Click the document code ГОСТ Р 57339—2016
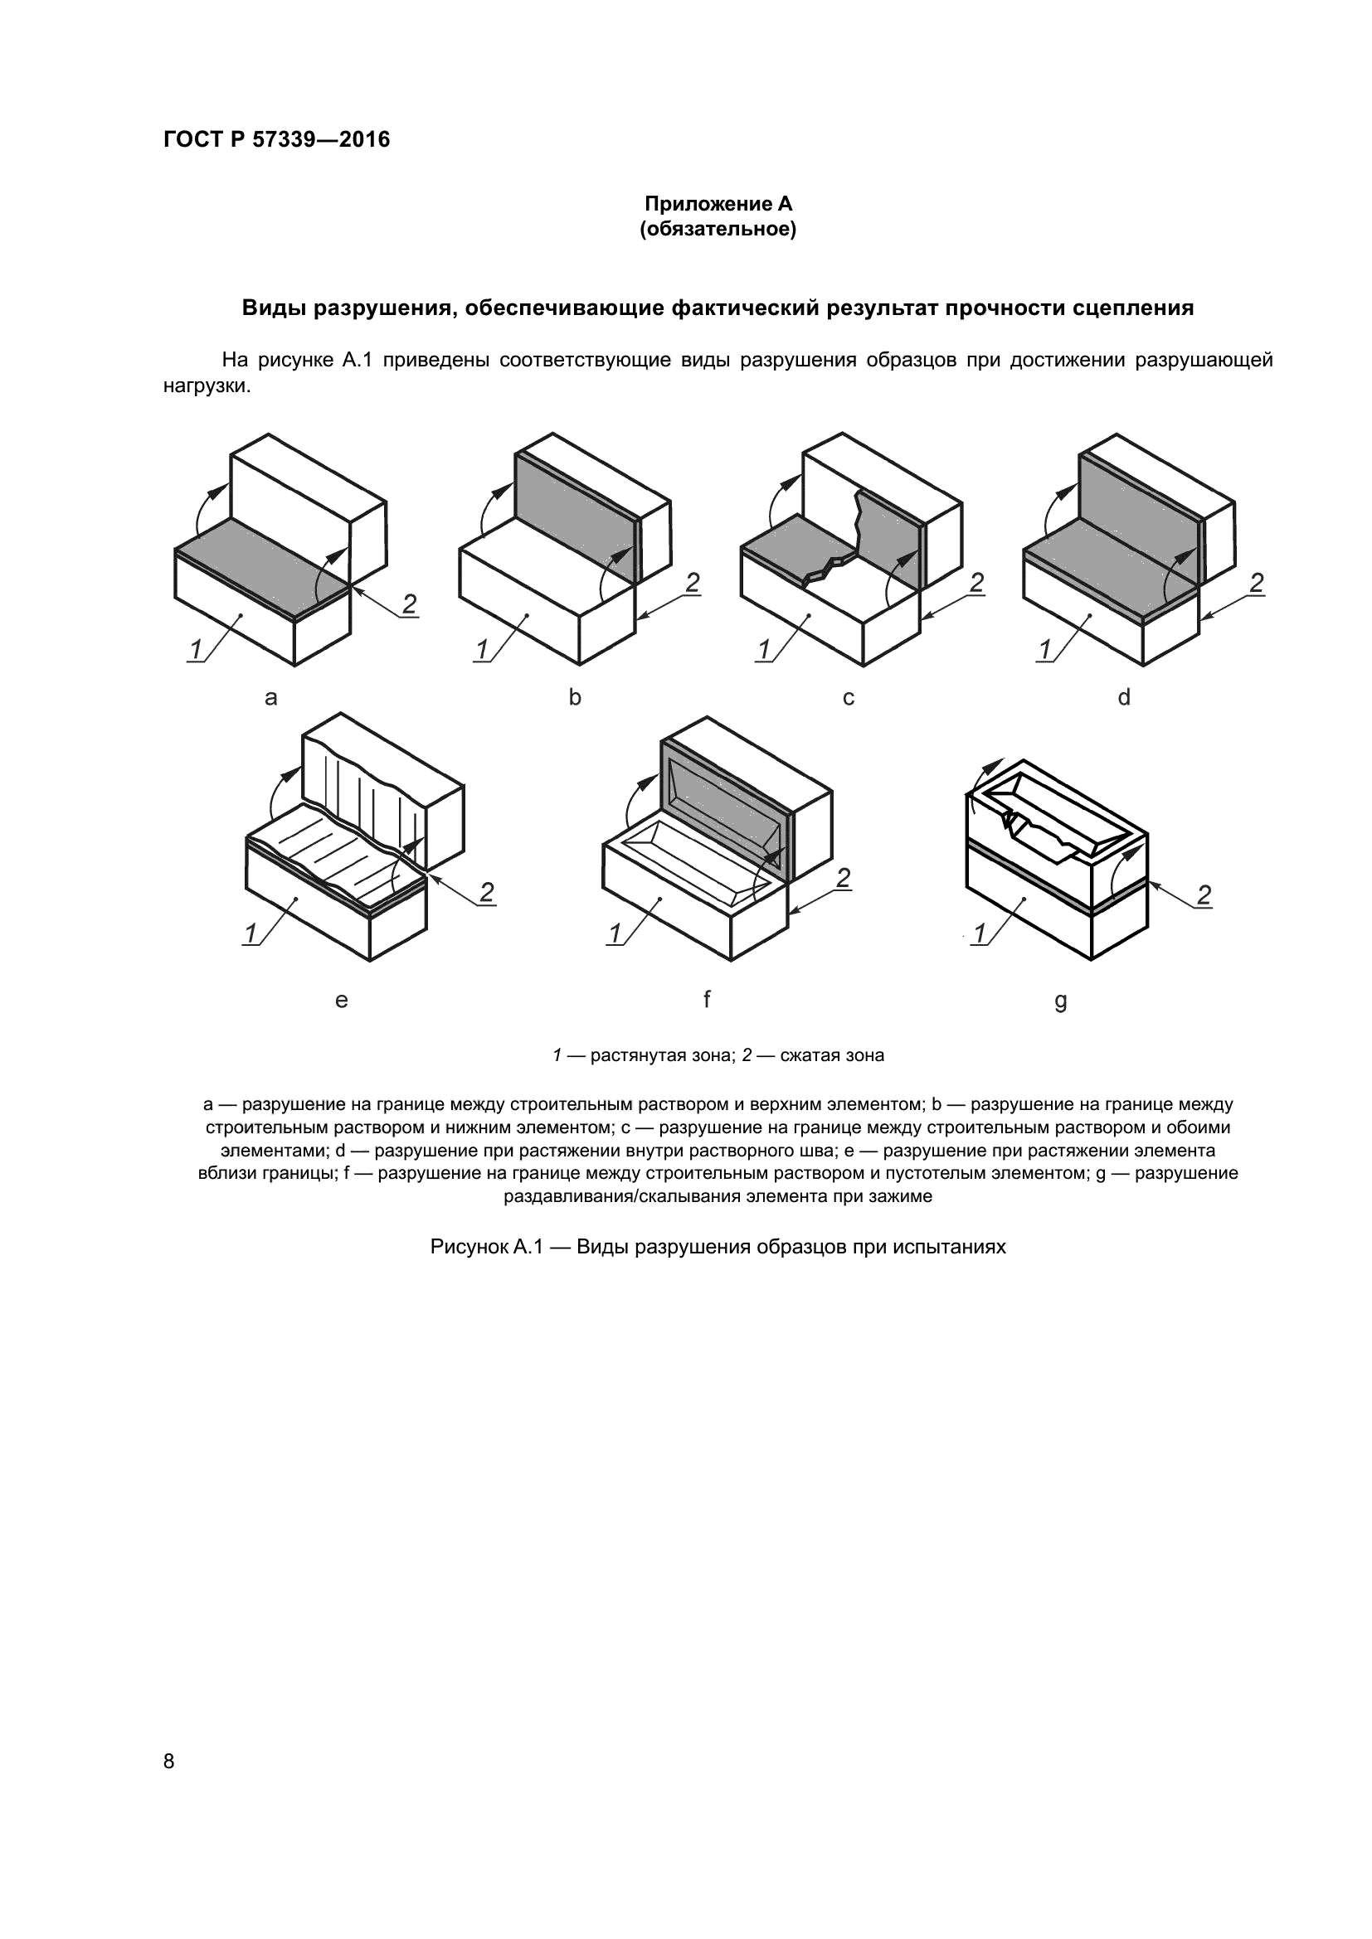pyautogui.click(x=276, y=140)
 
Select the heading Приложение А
pyautogui.click(x=718, y=204)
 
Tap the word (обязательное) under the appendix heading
pyautogui.click(x=718, y=230)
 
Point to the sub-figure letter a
pyautogui.click(x=271, y=697)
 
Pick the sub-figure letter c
pyautogui.click(x=849, y=697)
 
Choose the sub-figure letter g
pyautogui.click(x=1061, y=1001)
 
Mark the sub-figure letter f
pyautogui.click(x=706, y=999)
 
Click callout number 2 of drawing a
pyautogui.click(x=409, y=604)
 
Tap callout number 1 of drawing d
pyautogui.click(x=1045, y=649)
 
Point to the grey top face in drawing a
pyautogui.click(x=262, y=566)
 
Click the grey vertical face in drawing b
pyautogui.click(x=575, y=515)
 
